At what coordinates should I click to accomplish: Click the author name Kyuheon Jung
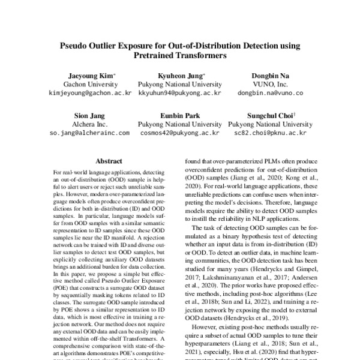point(179,76)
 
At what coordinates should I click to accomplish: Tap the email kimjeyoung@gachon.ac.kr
point(89,94)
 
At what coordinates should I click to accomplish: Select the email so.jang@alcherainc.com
point(89,133)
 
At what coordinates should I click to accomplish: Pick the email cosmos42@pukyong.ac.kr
point(179,133)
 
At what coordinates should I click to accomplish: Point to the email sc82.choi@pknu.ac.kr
point(270,133)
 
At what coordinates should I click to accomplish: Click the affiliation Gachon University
point(89,85)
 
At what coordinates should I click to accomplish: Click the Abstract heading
point(110,161)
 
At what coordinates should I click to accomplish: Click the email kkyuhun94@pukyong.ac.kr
point(179,94)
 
